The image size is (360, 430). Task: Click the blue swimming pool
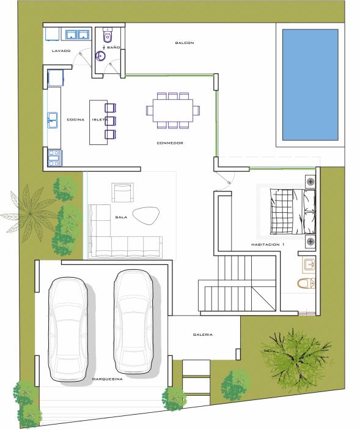(310, 85)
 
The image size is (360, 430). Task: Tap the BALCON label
(185, 43)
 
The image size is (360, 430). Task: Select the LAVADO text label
(61, 51)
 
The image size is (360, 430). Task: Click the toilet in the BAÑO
(107, 35)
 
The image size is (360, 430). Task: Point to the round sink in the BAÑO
(100, 57)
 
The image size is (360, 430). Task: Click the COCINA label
(76, 119)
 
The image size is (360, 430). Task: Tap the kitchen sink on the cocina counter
(53, 120)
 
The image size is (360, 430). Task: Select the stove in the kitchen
(54, 158)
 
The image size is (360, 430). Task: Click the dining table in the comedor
(173, 110)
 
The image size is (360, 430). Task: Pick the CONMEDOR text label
(170, 143)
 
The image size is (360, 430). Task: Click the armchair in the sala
(122, 192)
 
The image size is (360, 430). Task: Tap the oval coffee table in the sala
(146, 216)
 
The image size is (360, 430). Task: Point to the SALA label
(121, 217)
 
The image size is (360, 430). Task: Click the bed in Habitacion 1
(293, 211)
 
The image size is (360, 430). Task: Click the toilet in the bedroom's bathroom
(306, 284)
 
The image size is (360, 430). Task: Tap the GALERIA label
(203, 335)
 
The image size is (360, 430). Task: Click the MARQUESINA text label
(107, 379)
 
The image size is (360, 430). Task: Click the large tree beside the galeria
(296, 359)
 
